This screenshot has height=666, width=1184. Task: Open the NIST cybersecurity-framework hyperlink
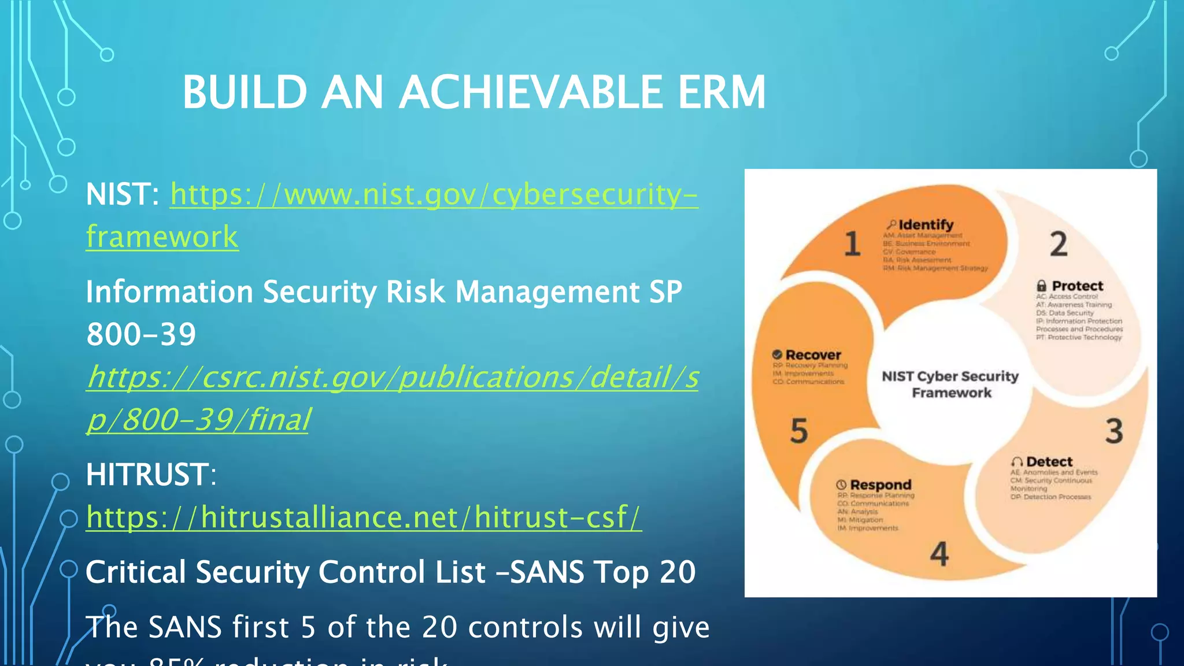point(434,195)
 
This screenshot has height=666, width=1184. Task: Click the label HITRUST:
point(151,475)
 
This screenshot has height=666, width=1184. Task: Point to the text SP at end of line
point(665,292)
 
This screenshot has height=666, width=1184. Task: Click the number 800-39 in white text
point(141,335)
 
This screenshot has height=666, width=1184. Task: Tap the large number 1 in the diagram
point(852,243)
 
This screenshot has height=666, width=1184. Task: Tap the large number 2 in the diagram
point(1059,244)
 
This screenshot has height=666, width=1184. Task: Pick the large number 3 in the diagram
point(1114,431)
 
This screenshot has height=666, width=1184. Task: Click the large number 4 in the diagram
point(939,554)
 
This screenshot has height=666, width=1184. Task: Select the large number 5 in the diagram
point(798,431)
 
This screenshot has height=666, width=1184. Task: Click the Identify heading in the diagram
point(926,225)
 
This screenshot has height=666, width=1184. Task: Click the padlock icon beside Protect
point(1041,286)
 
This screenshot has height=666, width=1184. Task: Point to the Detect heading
point(1049,462)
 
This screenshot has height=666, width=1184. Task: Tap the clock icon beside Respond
point(841,485)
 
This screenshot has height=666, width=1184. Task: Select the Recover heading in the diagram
point(813,355)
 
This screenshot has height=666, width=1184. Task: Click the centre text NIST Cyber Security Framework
point(950,384)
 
